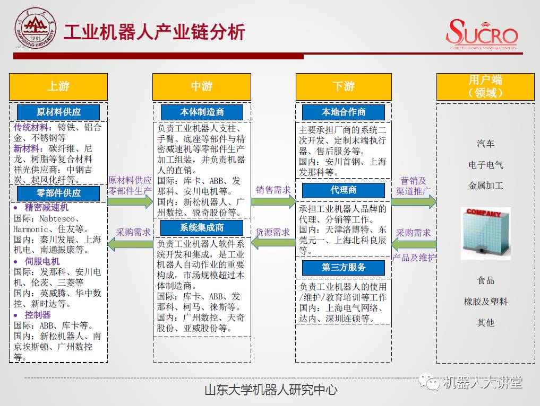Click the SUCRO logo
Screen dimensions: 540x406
(x=482, y=34)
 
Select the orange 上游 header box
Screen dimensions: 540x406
(x=58, y=86)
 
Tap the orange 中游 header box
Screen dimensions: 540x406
(x=202, y=86)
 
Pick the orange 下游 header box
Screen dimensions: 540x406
(x=344, y=86)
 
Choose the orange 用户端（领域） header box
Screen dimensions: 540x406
(x=485, y=86)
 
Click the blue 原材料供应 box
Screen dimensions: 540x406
(x=58, y=112)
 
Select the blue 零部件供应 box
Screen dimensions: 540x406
(x=58, y=193)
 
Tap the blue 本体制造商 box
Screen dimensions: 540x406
(x=202, y=112)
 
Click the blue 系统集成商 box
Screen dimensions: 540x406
(x=202, y=227)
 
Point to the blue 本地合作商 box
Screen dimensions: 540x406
(x=344, y=112)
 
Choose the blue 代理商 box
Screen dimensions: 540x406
(x=344, y=190)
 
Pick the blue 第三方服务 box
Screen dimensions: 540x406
(x=344, y=268)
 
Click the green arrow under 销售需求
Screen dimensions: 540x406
(x=273, y=201)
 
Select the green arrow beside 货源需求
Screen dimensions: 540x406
(x=273, y=243)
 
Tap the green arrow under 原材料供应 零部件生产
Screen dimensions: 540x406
(x=130, y=201)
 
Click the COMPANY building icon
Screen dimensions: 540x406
(x=485, y=233)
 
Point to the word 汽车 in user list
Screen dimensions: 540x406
(x=485, y=144)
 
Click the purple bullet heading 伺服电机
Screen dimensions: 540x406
(x=42, y=261)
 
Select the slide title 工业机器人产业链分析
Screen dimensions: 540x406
(x=154, y=33)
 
